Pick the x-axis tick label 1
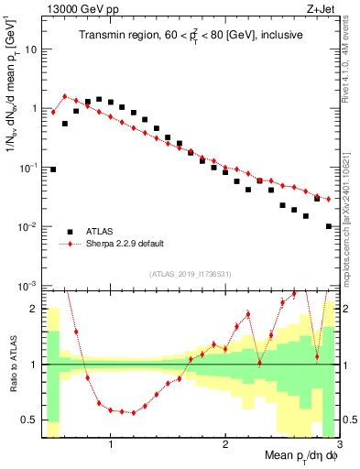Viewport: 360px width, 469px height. pyautogui.click(x=111, y=445)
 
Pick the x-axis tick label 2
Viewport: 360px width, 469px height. pyautogui.click(x=225, y=445)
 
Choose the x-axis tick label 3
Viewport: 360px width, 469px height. pyautogui.click(x=338, y=445)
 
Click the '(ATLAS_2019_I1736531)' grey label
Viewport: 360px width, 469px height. pyautogui.click(x=191, y=274)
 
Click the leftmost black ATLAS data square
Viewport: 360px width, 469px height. pyautogui.click(x=53, y=169)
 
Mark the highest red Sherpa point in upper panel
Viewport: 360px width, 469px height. pyautogui.click(x=64, y=96)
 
